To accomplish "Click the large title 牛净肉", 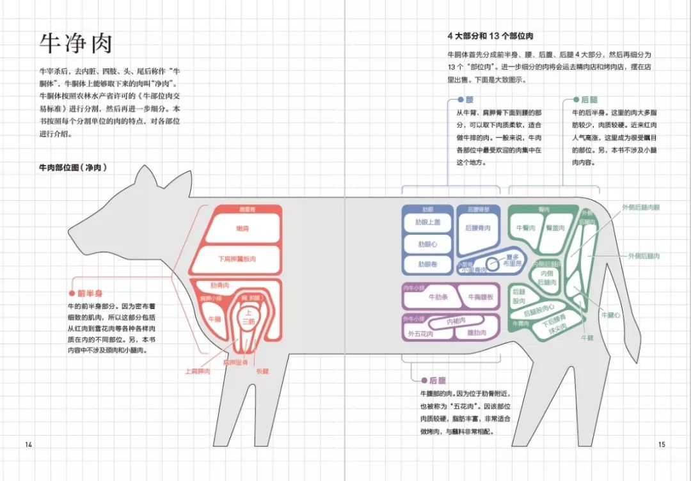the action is tap(76, 43).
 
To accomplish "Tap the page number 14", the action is tap(28, 445).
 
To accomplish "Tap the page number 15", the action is tap(662, 445).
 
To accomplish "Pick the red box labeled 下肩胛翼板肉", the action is tap(236, 258).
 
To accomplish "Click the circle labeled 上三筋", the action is tap(247, 319).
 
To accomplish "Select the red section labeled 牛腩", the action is tap(214, 319).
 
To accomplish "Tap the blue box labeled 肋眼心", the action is tap(428, 244).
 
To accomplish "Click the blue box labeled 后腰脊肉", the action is tap(478, 228).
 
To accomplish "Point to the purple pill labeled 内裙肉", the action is tap(456, 320).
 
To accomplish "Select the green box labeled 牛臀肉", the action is tap(525, 228).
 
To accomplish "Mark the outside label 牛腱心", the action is tap(611, 315).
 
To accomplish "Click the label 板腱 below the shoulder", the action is tap(262, 371).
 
